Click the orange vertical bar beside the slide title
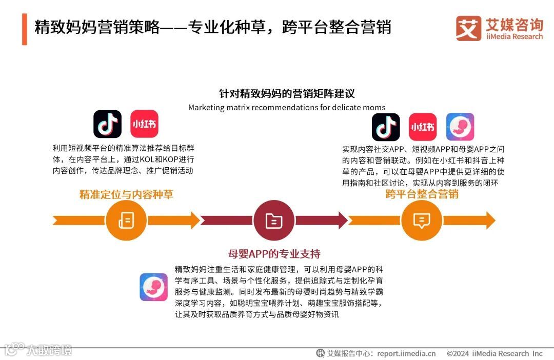click(x=24, y=29)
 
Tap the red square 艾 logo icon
click(x=468, y=28)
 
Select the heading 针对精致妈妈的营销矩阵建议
click(x=287, y=94)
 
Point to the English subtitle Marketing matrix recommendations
click(x=287, y=108)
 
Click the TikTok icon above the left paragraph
click(x=107, y=124)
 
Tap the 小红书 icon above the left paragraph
click(x=144, y=124)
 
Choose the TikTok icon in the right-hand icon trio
click(x=386, y=127)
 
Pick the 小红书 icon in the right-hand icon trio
click(x=423, y=127)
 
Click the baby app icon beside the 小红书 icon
click(x=460, y=127)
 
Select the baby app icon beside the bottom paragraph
click(x=153, y=287)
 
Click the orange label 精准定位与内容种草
click(x=126, y=195)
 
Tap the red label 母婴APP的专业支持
click(x=274, y=254)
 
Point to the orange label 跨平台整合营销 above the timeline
click(x=422, y=194)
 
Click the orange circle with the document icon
click(x=126, y=221)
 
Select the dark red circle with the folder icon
click(x=274, y=221)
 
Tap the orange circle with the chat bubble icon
click(x=422, y=221)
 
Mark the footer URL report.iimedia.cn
click(x=406, y=353)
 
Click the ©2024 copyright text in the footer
click(x=494, y=353)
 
